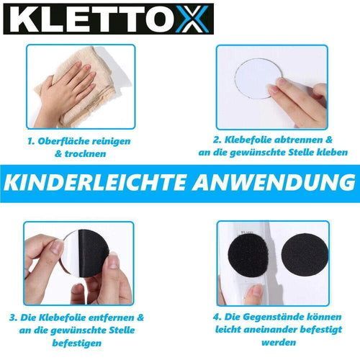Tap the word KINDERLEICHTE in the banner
click(95, 183)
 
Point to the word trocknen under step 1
click(85, 154)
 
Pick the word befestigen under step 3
click(77, 343)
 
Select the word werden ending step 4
click(279, 343)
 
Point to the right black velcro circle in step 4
click(305, 255)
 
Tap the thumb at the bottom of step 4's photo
click(255, 293)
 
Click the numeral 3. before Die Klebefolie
click(13, 318)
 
